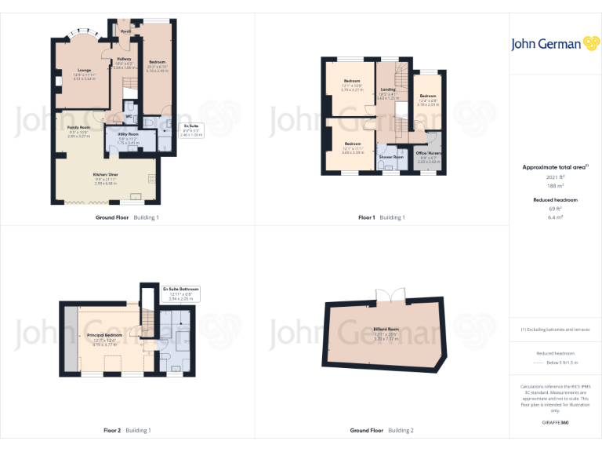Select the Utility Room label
click(128, 134)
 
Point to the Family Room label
click(78, 126)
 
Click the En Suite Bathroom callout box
click(181, 293)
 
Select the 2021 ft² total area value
click(555, 177)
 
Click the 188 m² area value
click(555, 186)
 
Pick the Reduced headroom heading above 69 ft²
click(555, 200)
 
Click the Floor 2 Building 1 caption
click(127, 430)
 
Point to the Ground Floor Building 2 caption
click(382, 430)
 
